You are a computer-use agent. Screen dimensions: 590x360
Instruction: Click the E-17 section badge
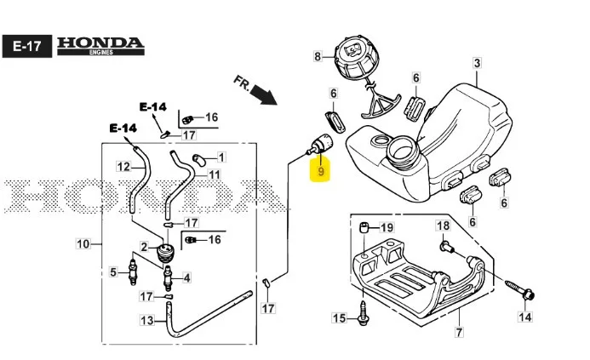tap(27, 46)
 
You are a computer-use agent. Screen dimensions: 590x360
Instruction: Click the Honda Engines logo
tap(100, 46)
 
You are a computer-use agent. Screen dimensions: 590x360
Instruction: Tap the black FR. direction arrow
tap(264, 94)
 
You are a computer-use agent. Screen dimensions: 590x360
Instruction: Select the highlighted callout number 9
tap(321, 171)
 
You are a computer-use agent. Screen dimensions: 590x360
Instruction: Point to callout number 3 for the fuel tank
tap(477, 63)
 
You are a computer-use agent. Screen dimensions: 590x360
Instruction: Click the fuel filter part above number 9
tap(321, 145)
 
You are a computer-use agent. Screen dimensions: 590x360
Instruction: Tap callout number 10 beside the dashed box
tap(83, 243)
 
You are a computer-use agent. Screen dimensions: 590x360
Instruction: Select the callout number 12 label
tap(123, 166)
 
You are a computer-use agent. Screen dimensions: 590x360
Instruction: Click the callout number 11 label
tap(214, 174)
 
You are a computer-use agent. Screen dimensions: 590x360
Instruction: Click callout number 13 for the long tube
tap(147, 320)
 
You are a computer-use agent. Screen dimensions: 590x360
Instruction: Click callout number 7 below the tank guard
tap(459, 332)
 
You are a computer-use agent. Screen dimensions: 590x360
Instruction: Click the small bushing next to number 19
tap(364, 227)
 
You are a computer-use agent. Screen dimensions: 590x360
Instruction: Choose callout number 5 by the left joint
tap(113, 271)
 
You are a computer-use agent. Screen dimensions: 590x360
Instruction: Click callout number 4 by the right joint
tap(186, 277)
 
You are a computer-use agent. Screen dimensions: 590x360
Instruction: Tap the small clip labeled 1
tap(198, 159)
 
